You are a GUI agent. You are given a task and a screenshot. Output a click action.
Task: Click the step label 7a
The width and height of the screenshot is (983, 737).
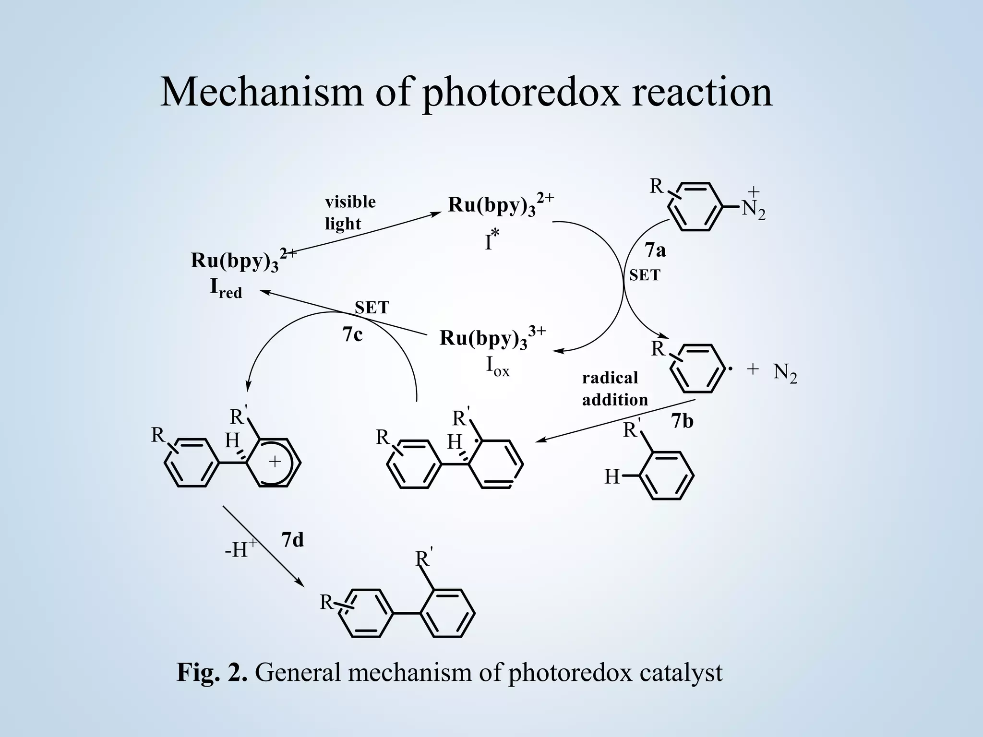655,250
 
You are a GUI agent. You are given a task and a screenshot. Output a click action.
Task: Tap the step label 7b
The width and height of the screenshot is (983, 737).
683,421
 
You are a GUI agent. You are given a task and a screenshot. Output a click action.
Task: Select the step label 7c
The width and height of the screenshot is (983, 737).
352,334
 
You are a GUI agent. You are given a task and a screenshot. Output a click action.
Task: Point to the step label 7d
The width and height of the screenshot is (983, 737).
292,540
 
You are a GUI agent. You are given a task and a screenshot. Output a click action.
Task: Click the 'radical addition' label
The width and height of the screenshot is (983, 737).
615,389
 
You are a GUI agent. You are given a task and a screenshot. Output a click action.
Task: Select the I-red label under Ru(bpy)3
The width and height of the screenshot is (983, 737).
226,289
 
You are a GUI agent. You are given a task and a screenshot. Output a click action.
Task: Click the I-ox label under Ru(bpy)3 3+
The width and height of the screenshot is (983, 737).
498,367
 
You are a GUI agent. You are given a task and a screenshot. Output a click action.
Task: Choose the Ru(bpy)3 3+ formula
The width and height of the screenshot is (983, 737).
492,338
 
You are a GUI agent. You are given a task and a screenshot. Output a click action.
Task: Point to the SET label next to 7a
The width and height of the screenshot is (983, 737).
645,275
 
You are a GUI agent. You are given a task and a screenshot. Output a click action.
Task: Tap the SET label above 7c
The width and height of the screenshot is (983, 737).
372,308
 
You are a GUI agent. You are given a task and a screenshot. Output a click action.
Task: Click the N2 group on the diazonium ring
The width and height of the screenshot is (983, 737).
753,205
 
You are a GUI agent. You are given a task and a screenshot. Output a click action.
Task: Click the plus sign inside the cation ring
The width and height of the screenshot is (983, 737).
275,462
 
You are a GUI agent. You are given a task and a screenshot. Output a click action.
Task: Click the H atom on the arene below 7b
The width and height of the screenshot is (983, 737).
611,477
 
